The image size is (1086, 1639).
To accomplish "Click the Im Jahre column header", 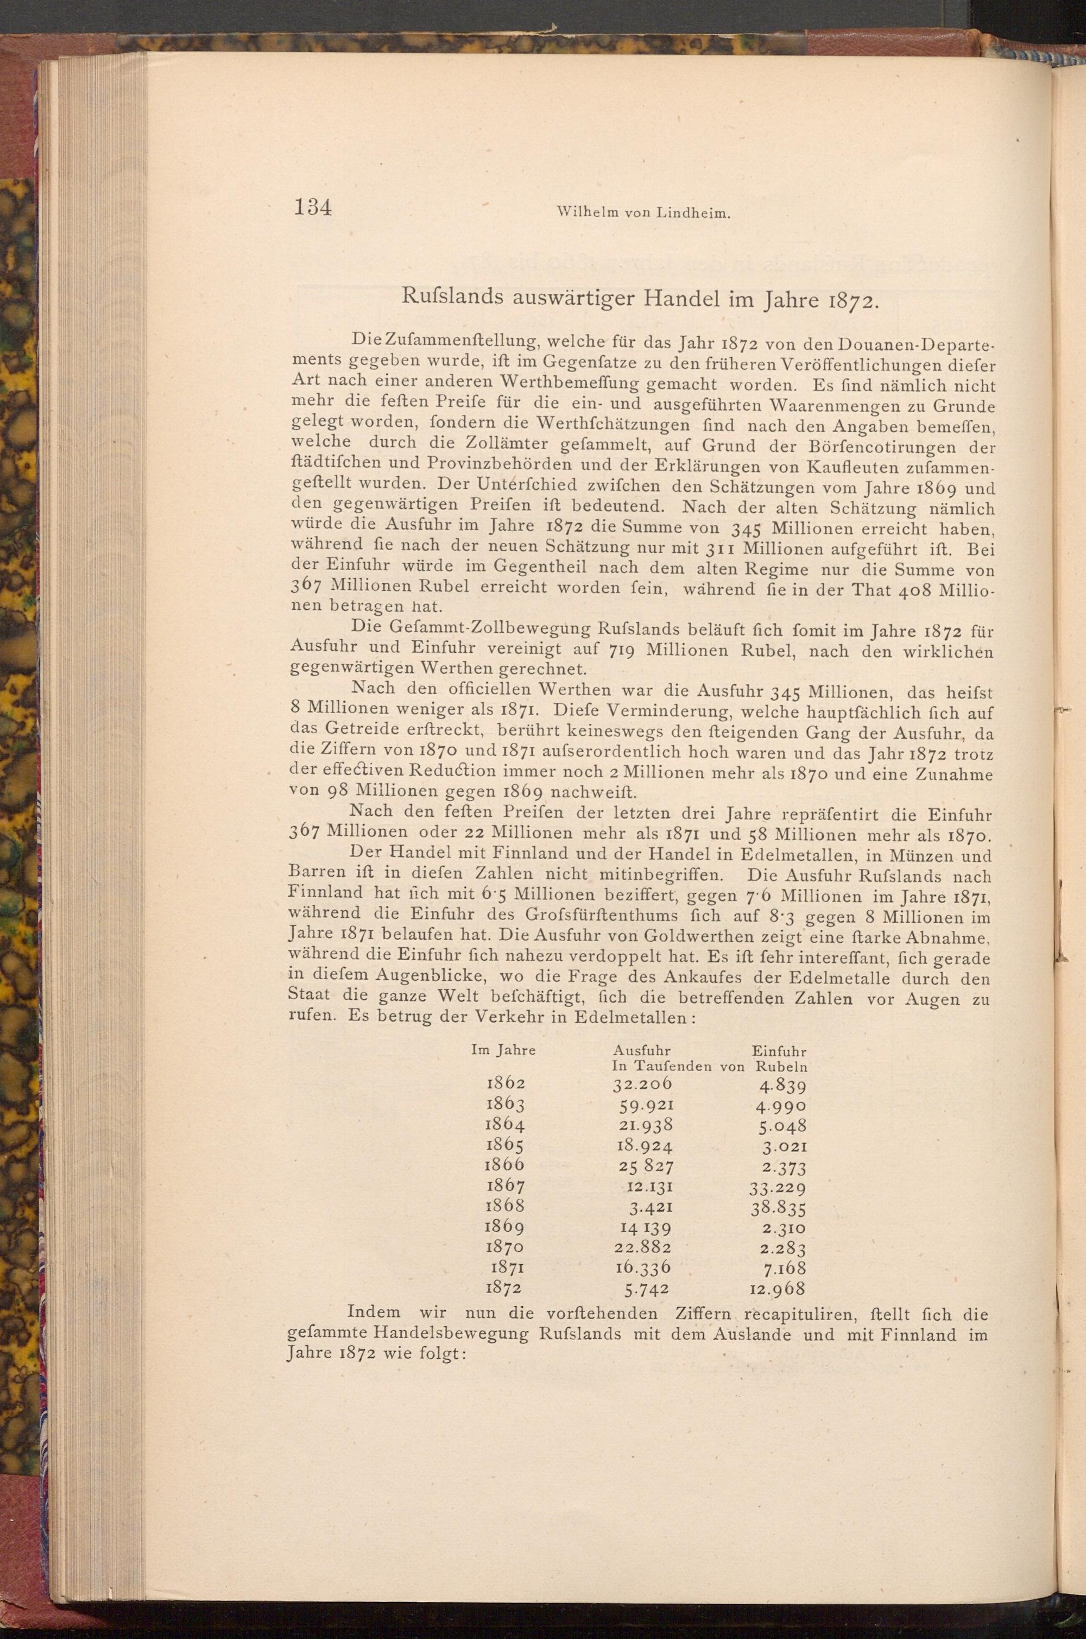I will point(503,1049).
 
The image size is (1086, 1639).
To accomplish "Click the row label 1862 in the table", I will point(506,1083).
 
